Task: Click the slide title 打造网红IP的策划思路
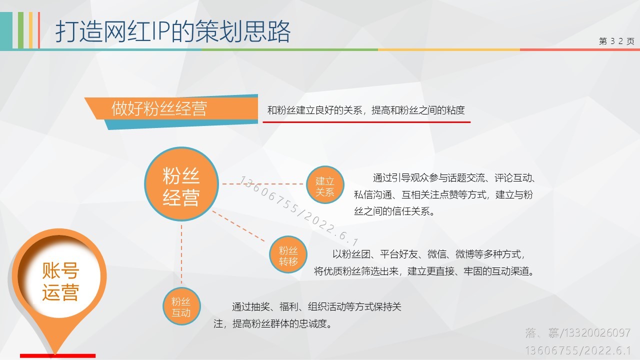click(173, 31)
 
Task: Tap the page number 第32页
click(616, 41)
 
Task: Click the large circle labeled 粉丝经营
click(181, 184)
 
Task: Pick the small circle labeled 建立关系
click(325, 184)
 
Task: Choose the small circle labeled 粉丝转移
click(288, 254)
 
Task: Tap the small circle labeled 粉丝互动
click(181, 306)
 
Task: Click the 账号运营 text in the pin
click(60, 281)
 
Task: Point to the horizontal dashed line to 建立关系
click(262, 184)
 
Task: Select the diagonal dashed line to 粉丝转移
click(238, 226)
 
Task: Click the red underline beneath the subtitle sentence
click(366, 122)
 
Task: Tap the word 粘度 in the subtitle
click(455, 110)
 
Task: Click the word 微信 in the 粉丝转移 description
click(437, 254)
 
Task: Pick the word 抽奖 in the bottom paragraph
click(260, 307)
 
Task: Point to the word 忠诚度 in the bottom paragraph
click(312, 323)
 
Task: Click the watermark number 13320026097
click(596, 333)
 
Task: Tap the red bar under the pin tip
click(57, 355)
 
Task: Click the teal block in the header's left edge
click(6, 30)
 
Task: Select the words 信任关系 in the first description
click(410, 211)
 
